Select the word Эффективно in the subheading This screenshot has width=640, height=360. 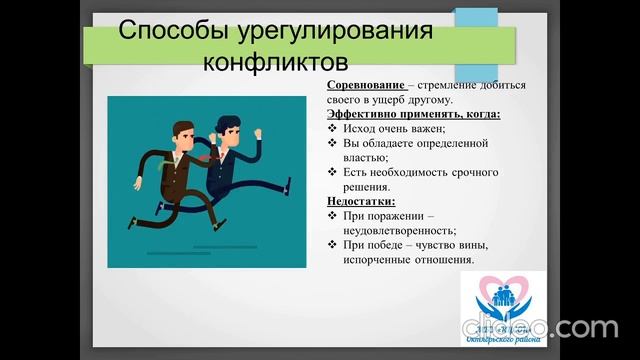pyautogui.click(x=365, y=114)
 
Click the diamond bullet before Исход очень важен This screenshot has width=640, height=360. pyautogui.click(x=333, y=129)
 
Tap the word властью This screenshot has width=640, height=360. pyautogui.click(x=368, y=157)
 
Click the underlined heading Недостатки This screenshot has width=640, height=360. pyautogui.click(x=361, y=200)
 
